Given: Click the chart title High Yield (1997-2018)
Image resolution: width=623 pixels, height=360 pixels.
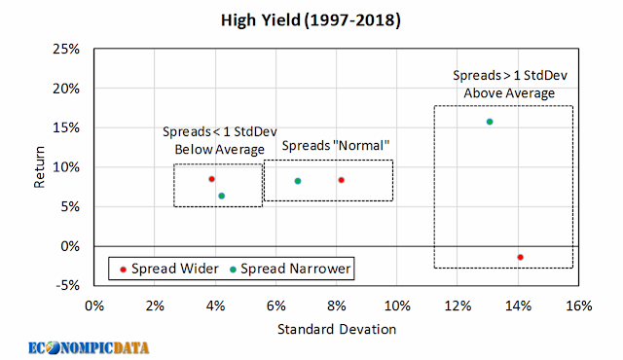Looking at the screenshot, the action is click(x=311, y=20).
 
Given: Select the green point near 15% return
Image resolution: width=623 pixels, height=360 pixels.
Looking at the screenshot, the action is click(x=490, y=122).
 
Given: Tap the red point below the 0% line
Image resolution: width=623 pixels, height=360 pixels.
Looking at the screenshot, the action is click(x=520, y=257).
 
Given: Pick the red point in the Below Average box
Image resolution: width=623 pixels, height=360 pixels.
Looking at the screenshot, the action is click(x=212, y=179).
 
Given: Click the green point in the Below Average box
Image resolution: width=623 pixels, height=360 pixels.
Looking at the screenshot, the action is click(x=222, y=196).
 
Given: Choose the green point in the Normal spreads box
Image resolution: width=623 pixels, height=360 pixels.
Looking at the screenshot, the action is click(x=298, y=181).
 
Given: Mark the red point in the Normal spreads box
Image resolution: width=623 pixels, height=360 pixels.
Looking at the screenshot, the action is click(x=341, y=180).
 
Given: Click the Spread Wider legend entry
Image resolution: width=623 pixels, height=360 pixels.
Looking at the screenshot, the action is click(x=169, y=269).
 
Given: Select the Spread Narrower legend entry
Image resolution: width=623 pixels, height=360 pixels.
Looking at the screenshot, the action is click(x=290, y=269).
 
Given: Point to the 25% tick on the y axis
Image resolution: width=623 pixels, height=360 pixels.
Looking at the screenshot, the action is click(x=66, y=50).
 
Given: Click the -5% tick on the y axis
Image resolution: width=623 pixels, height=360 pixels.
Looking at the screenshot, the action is click(x=68, y=285).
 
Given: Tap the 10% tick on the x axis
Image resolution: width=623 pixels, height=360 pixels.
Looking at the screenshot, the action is click(x=397, y=306).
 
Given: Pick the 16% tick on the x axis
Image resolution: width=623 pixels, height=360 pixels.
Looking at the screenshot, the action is click(x=578, y=306).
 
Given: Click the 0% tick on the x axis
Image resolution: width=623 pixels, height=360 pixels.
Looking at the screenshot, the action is click(x=94, y=306).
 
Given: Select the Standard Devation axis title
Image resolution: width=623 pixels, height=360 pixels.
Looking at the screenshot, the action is click(x=337, y=329).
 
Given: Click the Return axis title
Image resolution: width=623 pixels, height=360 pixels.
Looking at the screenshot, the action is click(x=39, y=167).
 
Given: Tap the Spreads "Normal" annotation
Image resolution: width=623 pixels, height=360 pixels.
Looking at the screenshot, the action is click(x=335, y=146).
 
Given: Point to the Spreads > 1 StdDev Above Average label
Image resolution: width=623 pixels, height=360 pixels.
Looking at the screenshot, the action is click(x=510, y=84).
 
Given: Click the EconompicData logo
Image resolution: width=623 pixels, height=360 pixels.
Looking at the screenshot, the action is click(x=89, y=348).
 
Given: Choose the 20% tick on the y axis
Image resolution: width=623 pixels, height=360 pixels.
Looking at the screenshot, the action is click(x=66, y=89).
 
